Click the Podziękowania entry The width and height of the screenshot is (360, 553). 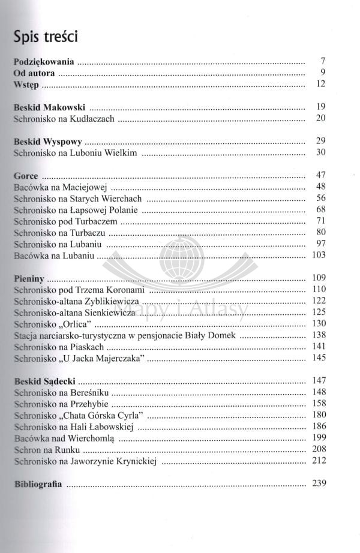click(x=44, y=61)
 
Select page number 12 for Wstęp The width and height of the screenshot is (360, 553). click(x=319, y=85)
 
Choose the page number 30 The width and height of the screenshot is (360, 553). click(x=319, y=154)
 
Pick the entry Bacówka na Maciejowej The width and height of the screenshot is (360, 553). click(x=55, y=188)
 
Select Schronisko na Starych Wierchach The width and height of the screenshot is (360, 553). click(x=77, y=199)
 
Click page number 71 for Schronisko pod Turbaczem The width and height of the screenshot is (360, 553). click(x=319, y=222)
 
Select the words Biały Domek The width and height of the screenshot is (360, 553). click(x=223, y=335)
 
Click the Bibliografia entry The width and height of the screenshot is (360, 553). click(x=37, y=484)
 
